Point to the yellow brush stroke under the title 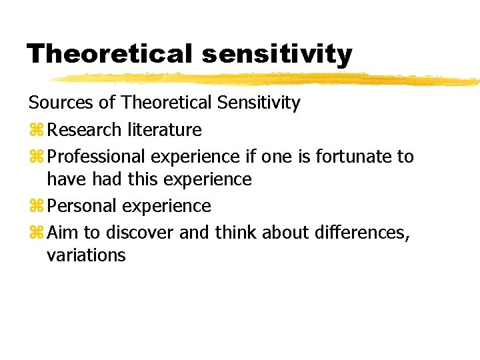point(267,79)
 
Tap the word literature point(163,129)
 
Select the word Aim point(62,233)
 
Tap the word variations point(86,255)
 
